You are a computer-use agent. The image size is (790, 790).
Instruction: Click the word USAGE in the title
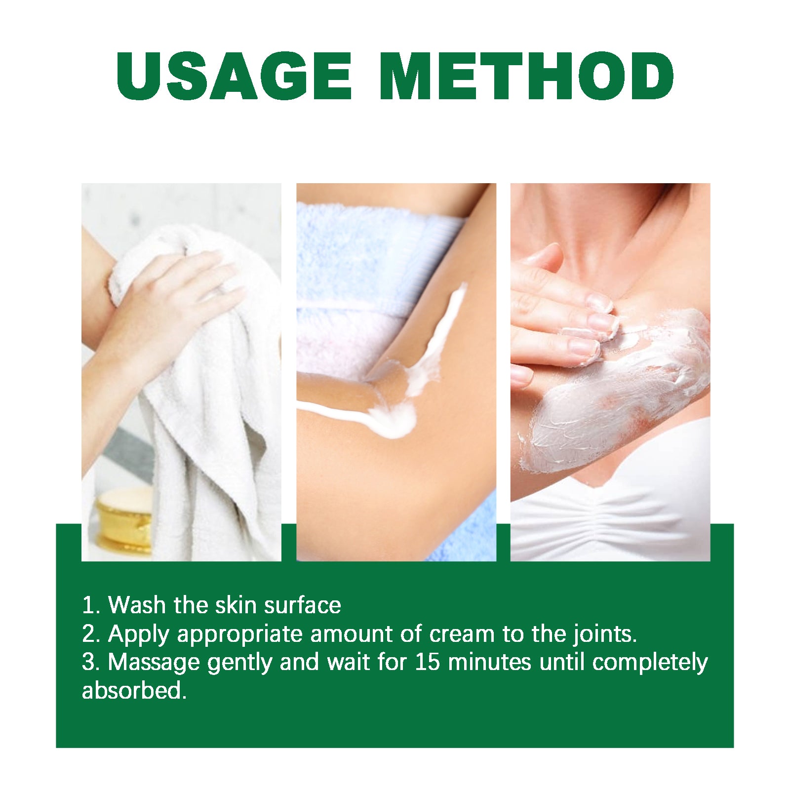[234, 77]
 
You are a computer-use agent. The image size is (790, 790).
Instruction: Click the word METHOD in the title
[526, 77]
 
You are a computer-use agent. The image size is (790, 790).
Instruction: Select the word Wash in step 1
[137, 605]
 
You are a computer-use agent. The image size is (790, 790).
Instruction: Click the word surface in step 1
[302, 605]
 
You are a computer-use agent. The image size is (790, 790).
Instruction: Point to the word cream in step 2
[462, 634]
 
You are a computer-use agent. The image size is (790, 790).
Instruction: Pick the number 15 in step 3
[427, 663]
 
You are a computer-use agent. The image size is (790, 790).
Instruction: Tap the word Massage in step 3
[153, 663]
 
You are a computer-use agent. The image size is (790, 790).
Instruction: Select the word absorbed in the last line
[133, 691]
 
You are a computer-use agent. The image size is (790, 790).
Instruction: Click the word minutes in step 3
[489, 663]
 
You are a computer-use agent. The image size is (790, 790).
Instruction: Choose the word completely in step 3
[650, 663]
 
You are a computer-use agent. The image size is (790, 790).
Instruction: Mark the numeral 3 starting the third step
[89, 663]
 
